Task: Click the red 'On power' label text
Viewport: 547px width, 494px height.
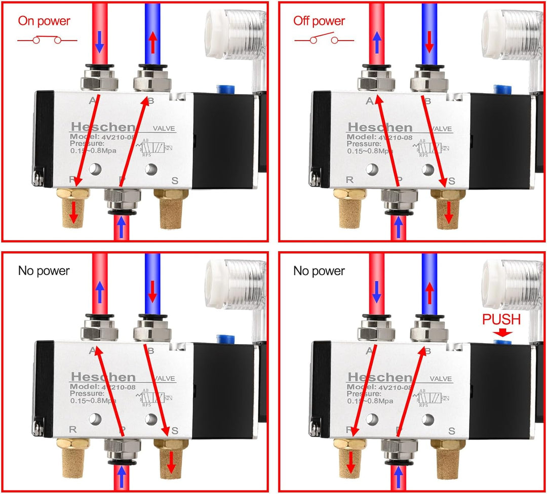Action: coord(44,21)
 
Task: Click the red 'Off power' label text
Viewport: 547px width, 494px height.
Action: coord(319,21)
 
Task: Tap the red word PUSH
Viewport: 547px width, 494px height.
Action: coord(501,319)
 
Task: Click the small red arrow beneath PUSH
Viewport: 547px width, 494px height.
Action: coord(501,333)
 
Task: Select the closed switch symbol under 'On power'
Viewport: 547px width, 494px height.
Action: coord(47,40)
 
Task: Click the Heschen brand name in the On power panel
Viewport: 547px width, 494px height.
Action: coord(103,127)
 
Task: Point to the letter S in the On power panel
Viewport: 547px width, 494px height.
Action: coord(175,180)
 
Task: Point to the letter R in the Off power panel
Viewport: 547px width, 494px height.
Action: coord(348,180)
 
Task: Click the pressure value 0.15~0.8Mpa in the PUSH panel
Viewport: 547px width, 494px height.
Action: coord(372,400)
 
